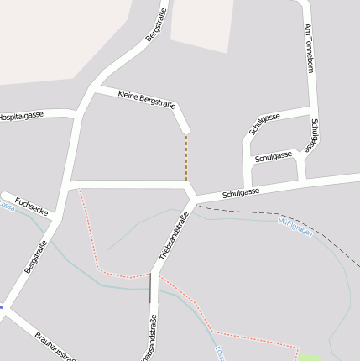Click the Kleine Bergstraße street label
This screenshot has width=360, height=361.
click(147, 99)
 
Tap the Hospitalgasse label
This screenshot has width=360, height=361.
click(20, 115)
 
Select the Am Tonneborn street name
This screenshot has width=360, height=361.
click(309, 49)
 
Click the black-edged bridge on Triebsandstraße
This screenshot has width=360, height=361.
click(154, 287)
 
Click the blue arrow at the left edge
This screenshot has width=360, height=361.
click(2, 308)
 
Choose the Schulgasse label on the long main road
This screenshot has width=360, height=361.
click(241, 192)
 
